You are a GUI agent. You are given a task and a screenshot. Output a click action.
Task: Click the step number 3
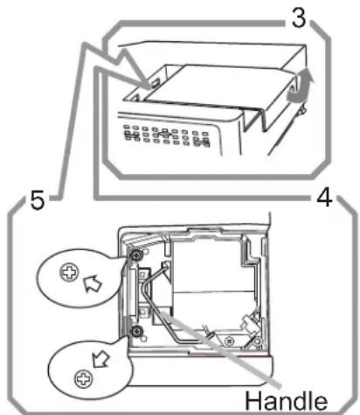(x=299, y=18)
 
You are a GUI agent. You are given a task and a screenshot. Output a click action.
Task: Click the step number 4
(x=324, y=197)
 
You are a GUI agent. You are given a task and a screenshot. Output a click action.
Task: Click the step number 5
(x=38, y=200)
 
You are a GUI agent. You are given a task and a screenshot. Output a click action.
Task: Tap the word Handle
(x=286, y=400)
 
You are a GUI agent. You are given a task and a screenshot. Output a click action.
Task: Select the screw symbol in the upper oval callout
(x=69, y=273)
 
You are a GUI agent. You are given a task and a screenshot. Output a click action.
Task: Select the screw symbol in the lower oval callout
(x=84, y=379)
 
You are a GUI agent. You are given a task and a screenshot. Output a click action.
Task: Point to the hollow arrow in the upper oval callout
(x=93, y=283)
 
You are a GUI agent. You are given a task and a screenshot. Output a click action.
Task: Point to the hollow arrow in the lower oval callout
(x=100, y=360)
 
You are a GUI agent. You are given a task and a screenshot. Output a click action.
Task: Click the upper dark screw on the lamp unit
(x=136, y=255)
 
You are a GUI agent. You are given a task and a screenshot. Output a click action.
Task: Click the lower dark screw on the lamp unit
(x=136, y=331)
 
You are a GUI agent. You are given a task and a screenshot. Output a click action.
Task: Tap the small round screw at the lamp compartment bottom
(x=230, y=340)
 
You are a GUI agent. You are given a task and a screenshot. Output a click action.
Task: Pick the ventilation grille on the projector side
(x=167, y=135)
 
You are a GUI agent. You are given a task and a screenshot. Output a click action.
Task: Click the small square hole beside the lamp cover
(x=155, y=84)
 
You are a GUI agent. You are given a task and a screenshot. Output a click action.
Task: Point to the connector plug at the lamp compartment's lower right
(x=251, y=324)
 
